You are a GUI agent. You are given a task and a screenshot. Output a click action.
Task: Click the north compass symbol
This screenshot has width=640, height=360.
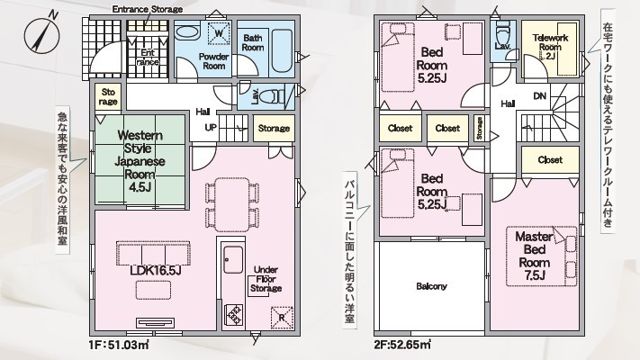point(41,35)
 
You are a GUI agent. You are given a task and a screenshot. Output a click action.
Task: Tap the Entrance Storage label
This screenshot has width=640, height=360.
point(148,9)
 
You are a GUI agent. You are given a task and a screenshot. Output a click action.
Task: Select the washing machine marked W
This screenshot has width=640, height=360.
point(219,33)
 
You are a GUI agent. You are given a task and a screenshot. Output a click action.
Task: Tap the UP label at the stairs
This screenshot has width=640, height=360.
point(211,128)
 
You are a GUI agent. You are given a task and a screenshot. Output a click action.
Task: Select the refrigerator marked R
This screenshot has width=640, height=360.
point(282,317)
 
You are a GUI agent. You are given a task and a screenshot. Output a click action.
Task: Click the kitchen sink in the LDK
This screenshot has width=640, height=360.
point(233,260)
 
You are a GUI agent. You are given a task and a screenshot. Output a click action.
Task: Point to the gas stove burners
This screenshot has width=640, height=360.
point(233,314)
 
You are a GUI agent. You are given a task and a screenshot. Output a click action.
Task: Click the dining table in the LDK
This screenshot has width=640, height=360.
point(232,204)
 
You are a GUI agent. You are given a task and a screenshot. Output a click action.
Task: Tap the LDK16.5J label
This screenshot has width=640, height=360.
point(156,271)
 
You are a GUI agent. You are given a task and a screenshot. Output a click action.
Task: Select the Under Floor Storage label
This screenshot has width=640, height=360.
point(266,279)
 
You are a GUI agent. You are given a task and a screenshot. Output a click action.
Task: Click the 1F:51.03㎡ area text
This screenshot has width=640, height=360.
point(118,345)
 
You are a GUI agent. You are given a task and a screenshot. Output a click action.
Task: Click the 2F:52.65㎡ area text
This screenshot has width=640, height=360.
point(402,345)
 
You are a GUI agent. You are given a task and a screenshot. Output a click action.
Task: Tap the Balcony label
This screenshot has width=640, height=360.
point(431,286)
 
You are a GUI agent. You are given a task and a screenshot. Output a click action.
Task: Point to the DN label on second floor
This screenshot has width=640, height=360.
point(539,96)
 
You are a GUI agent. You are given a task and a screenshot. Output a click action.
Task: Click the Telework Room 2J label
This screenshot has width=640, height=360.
point(550,47)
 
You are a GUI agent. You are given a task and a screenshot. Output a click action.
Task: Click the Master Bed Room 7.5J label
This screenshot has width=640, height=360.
point(535,256)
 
